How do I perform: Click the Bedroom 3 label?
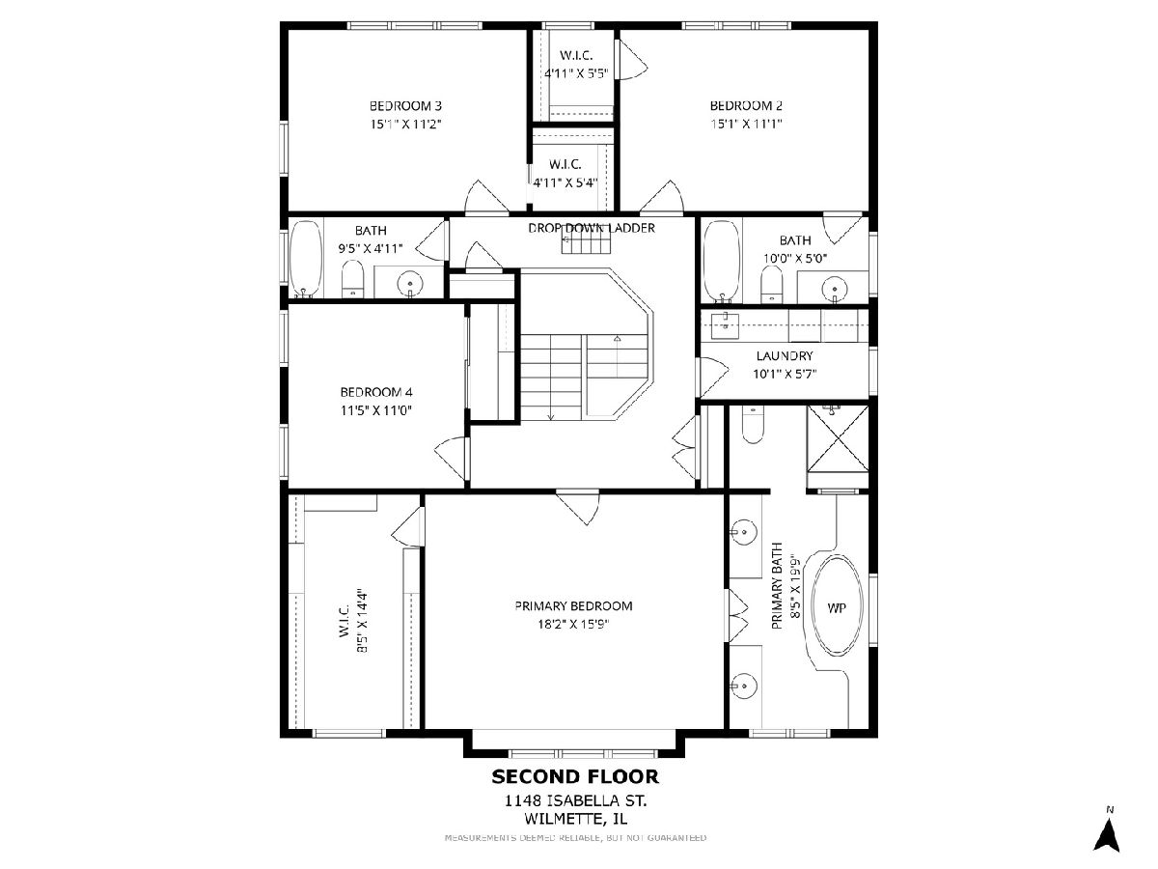pos(405,106)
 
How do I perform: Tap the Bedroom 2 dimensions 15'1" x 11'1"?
pos(745,124)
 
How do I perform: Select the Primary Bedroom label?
pos(573,605)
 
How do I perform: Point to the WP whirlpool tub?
pos(837,605)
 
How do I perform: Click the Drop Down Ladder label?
pos(592,228)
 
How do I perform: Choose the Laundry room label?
pos(785,356)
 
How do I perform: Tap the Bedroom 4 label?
pos(376,392)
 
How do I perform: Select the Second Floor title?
pos(575,776)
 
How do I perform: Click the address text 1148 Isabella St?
pos(575,801)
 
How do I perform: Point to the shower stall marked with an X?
pos(838,438)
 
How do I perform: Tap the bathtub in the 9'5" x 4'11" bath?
pos(306,259)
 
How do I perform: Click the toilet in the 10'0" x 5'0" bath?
pos(771,284)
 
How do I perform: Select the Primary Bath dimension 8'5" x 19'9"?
pos(795,586)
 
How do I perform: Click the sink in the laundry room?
pos(725,325)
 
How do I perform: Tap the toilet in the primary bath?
pos(752,425)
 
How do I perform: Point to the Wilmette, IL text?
pos(575,819)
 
